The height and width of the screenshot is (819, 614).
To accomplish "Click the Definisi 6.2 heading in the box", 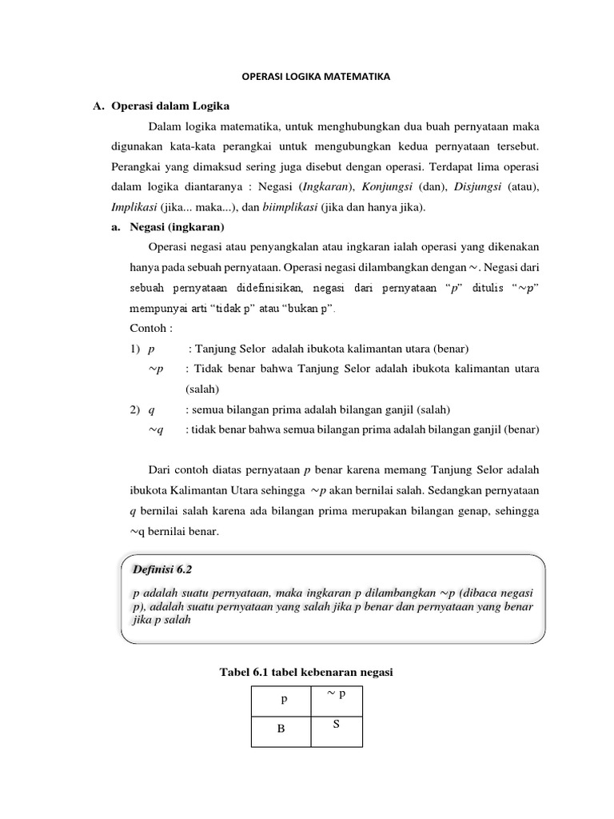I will tap(162, 569).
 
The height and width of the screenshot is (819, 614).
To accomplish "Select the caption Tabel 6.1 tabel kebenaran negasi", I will tap(306, 673).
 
